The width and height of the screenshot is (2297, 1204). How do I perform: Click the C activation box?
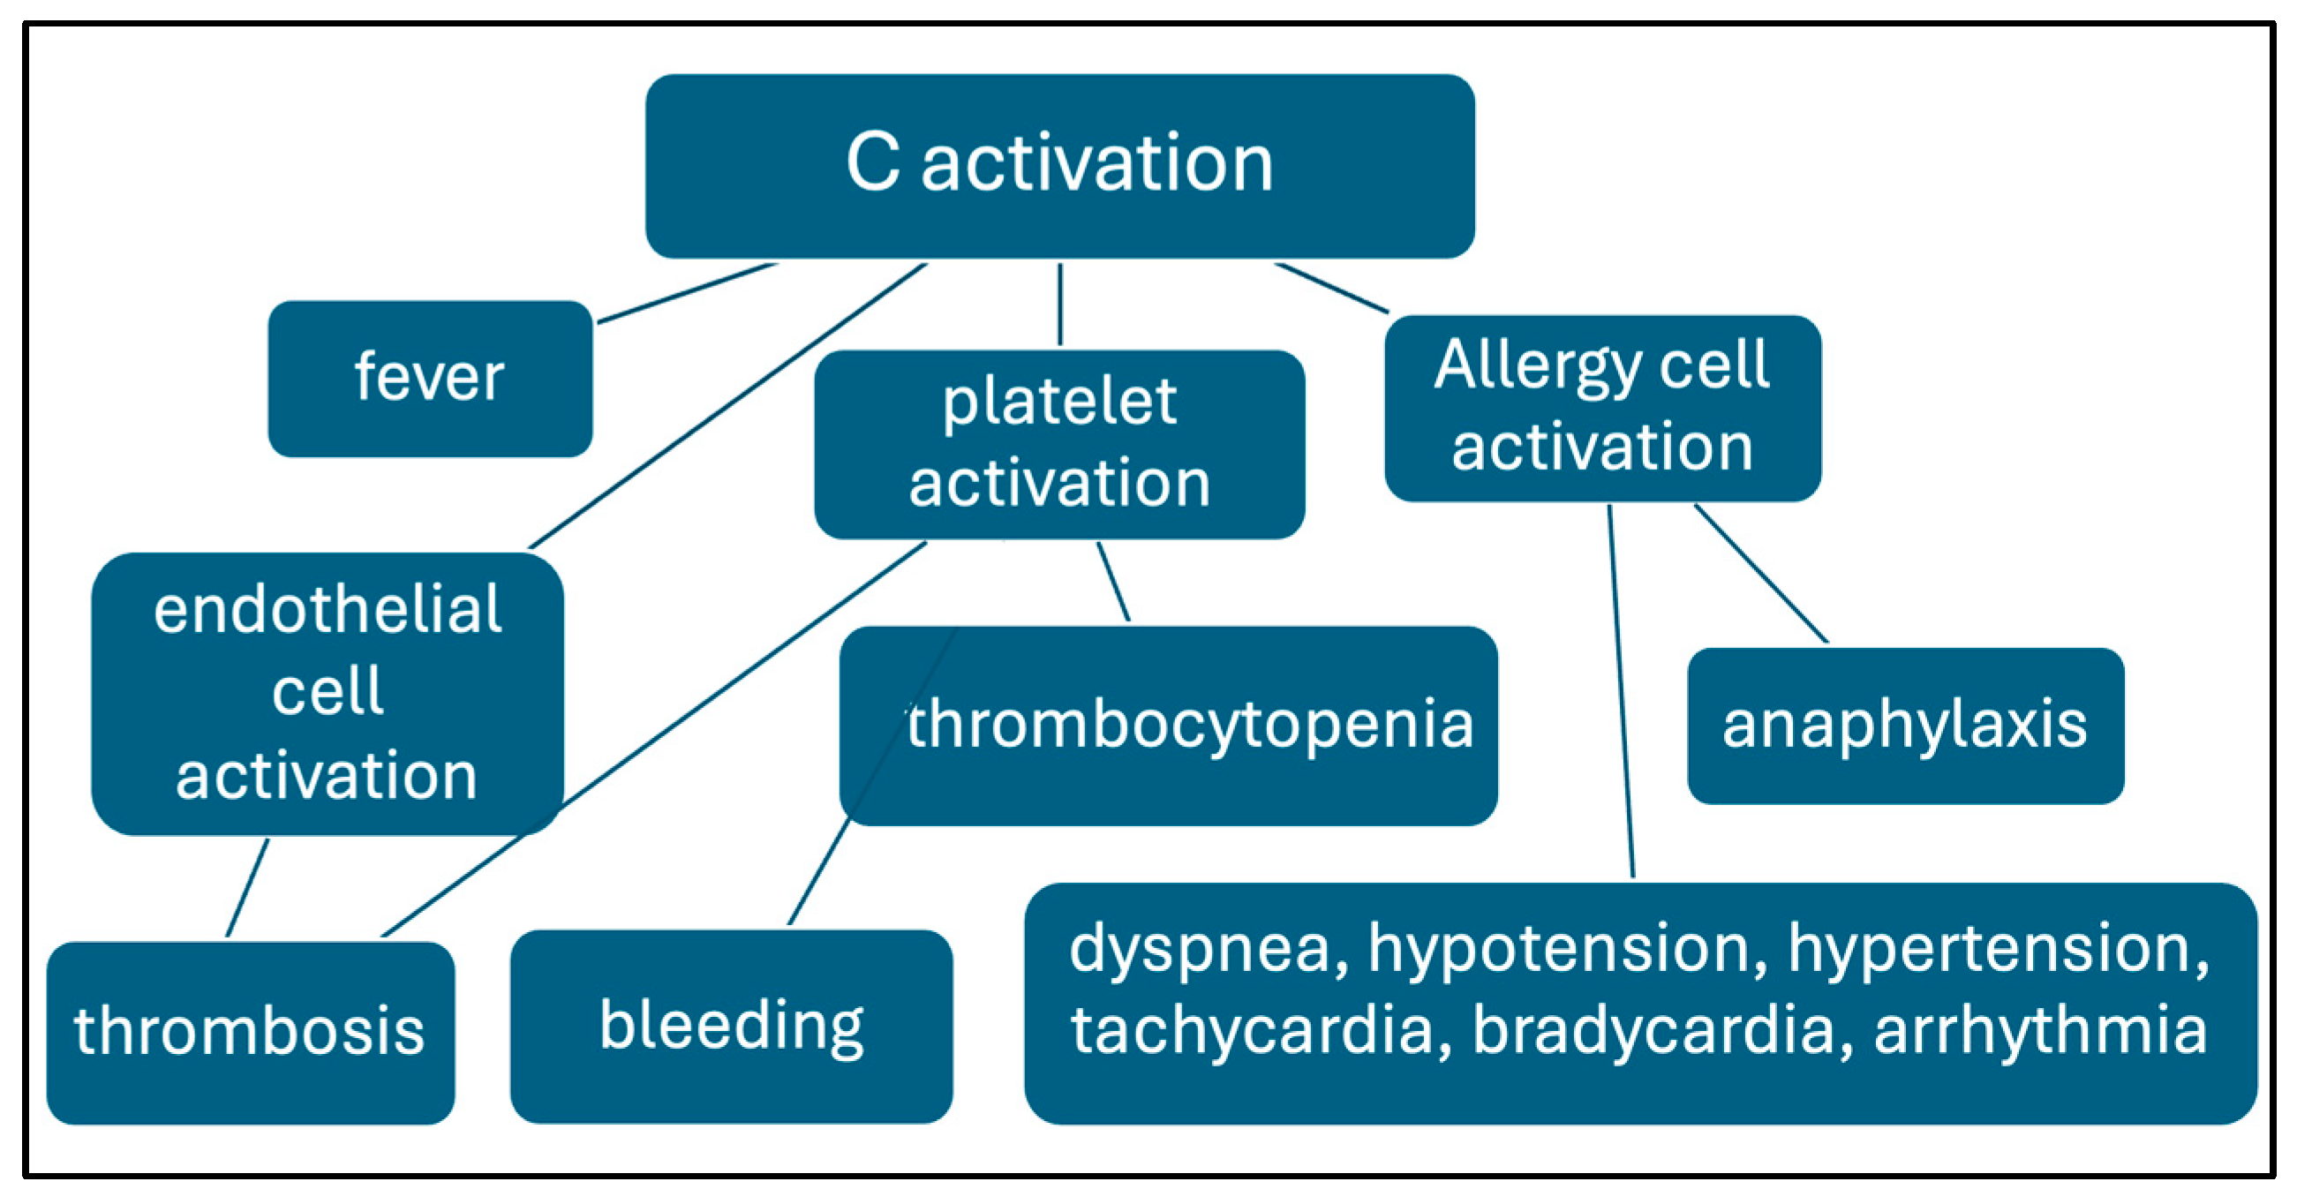click(x=1059, y=166)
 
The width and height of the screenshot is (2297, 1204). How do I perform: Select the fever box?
click(x=430, y=378)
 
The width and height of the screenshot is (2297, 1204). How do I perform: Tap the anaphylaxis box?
click(x=1905, y=725)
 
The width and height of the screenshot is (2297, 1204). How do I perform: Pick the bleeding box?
click(x=731, y=1026)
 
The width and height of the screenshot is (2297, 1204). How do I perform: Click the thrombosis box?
click(x=250, y=1032)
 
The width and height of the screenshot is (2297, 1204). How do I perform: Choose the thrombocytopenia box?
click(x=1168, y=725)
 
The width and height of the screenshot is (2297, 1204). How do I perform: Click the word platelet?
click(x=1059, y=403)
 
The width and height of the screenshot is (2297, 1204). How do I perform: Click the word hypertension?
click(x=1998, y=949)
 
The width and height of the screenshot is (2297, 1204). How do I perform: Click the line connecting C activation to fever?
click(x=687, y=292)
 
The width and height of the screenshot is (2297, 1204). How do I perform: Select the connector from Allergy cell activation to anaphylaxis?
click(x=1761, y=574)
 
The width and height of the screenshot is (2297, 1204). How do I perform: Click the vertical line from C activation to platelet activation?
click(x=1059, y=305)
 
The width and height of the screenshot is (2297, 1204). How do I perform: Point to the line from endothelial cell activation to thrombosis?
click(x=247, y=888)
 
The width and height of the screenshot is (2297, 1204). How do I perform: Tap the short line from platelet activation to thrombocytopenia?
click(x=1114, y=582)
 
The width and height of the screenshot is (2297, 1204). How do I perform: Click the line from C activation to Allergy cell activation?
click(x=1331, y=287)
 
